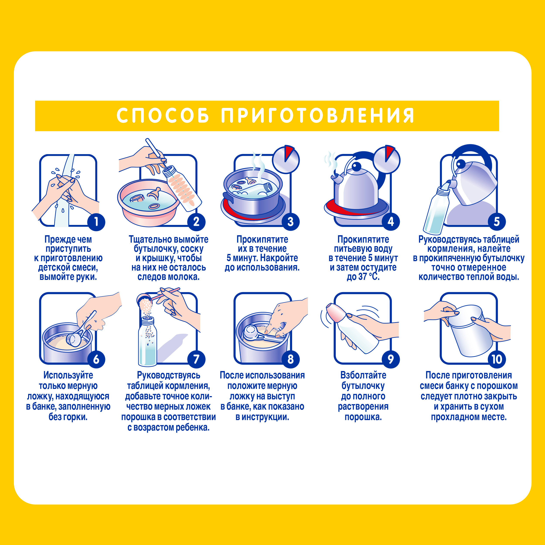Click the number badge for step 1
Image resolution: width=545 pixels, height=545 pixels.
tap(96, 222)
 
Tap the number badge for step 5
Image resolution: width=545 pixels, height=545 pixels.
tap(497, 222)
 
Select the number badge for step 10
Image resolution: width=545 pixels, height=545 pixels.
tap(497, 359)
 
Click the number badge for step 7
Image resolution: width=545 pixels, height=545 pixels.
tap(196, 359)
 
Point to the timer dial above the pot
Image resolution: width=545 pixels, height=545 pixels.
tap(286, 160)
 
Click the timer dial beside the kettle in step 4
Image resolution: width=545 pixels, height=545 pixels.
tap(387, 160)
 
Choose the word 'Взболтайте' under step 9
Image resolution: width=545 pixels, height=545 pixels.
tap(363, 375)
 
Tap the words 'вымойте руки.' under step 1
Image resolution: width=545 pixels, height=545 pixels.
tap(68, 277)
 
